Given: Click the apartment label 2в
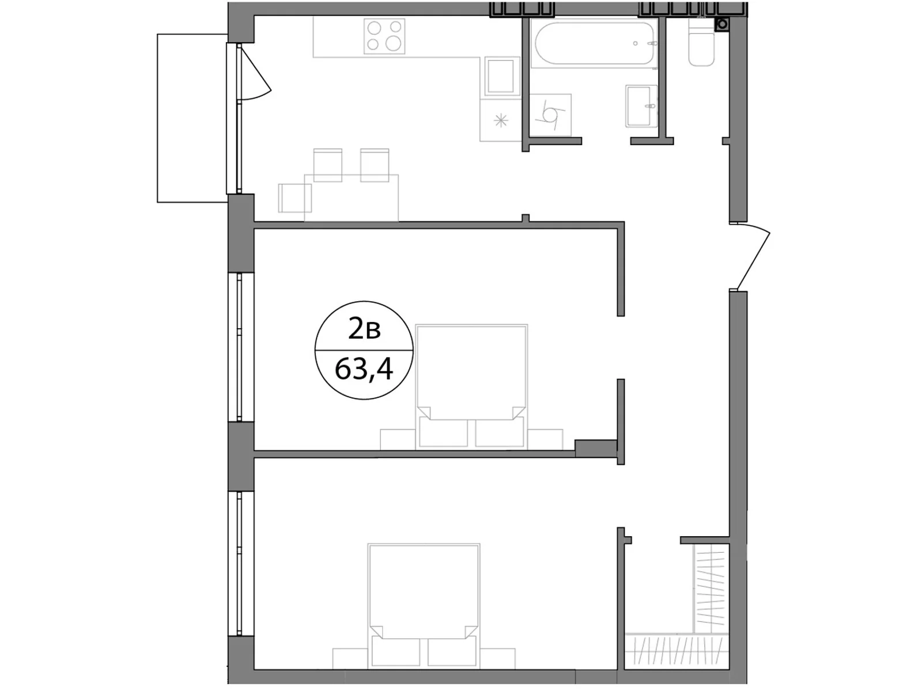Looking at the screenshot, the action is [364, 330].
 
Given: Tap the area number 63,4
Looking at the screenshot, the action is [364, 370].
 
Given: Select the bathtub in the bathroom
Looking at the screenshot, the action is [593, 43].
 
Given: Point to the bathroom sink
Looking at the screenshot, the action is [641, 106].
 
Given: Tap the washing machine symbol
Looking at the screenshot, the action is [550, 115].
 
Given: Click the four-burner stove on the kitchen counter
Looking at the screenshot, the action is [384, 36].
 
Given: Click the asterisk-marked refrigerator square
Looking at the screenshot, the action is [501, 120].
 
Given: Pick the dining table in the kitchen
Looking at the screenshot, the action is [351, 198].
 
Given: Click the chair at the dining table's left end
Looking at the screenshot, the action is [295, 198].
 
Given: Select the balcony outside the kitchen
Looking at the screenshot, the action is [192, 118].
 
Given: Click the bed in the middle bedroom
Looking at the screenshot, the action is [471, 386].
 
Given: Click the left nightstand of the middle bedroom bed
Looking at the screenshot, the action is [398, 439].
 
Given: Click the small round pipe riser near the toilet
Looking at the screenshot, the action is [723, 24].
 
